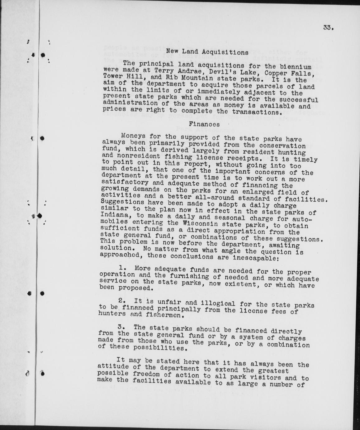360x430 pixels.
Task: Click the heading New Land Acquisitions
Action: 207,52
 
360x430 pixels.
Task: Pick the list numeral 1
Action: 122,268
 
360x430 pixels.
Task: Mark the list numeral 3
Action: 121,327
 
